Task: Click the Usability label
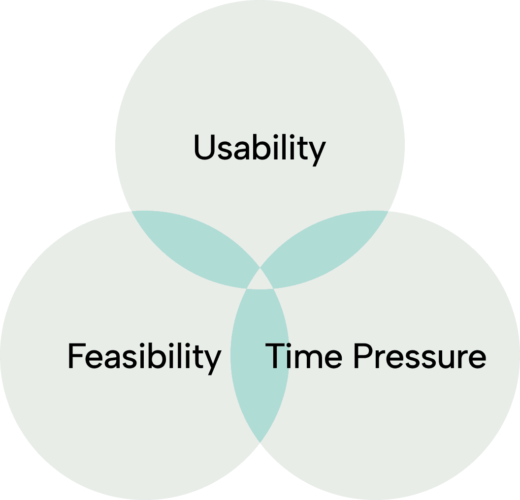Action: pyautogui.click(x=260, y=148)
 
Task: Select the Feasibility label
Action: pyautogui.click(x=144, y=356)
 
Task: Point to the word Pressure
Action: pyautogui.click(x=421, y=356)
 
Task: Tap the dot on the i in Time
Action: pyautogui.click(x=294, y=345)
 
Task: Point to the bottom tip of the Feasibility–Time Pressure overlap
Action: pyautogui.click(x=260, y=440)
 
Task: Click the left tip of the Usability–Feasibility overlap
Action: pyautogui.click(x=133, y=212)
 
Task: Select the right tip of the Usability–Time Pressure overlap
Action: pyautogui.click(x=387, y=212)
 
